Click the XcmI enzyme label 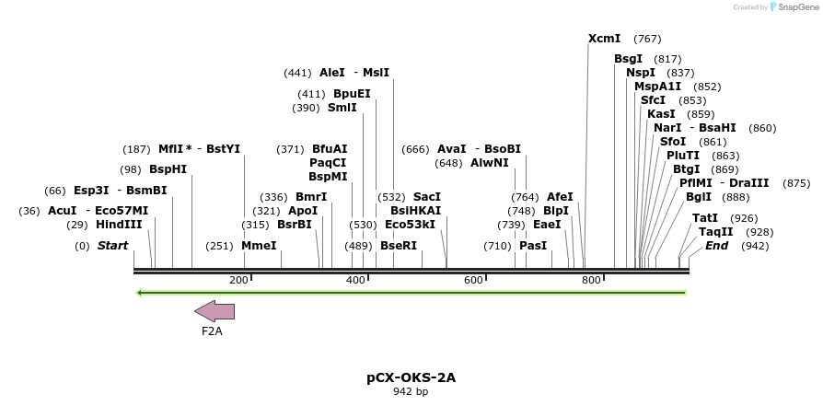point(604,39)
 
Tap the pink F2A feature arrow point(214,311)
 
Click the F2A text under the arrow point(212,331)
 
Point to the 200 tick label point(238,280)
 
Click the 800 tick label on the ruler point(591,280)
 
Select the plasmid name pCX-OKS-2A point(411,377)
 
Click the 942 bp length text point(411,391)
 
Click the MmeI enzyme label point(259,246)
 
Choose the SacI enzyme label point(427,197)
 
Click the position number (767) point(647,39)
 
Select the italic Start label point(112,246)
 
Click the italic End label point(716,246)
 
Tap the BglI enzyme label point(698,197)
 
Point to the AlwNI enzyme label point(489,163)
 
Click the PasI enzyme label point(533,246)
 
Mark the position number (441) point(297,72)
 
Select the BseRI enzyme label point(399,246)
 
